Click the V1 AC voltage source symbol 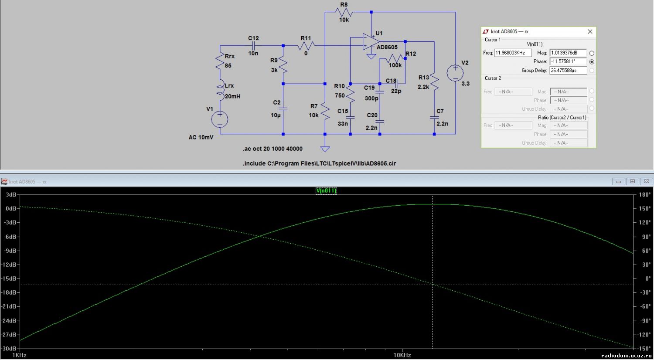click(x=220, y=119)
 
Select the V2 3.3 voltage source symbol click(x=455, y=73)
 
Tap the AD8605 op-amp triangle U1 click(x=371, y=42)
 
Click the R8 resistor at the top click(x=344, y=12)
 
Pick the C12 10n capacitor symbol click(x=253, y=46)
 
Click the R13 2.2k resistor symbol click(x=434, y=82)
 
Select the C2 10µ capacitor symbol click(x=283, y=109)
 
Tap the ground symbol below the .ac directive click(x=325, y=149)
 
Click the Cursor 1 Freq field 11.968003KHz click(x=513, y=53)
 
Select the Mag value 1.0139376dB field click(x=568, y=53)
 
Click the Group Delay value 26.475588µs click(x=568, y=70)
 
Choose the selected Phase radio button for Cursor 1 click(x=592, y=61)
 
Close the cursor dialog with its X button click(x=590, y=31)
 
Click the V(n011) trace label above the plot click(x=326, y=190)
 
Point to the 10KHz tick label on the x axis click(x=402, y=355)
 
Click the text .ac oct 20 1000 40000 click(x=272, y=149)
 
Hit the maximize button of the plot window click(x=632, y=181)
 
